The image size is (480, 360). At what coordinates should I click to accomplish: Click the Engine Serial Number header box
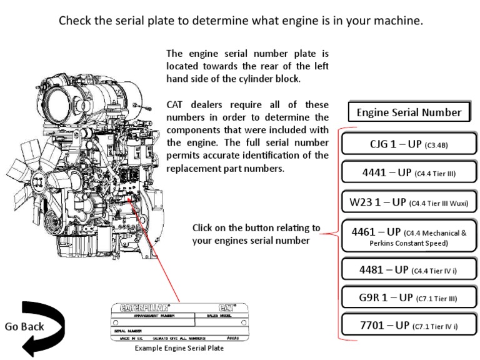coord(409,112)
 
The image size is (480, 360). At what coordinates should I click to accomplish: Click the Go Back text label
coord(24,326)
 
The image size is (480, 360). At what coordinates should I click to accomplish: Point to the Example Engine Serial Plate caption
coord(179,348)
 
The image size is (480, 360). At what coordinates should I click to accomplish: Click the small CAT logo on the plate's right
coord(227,308)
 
